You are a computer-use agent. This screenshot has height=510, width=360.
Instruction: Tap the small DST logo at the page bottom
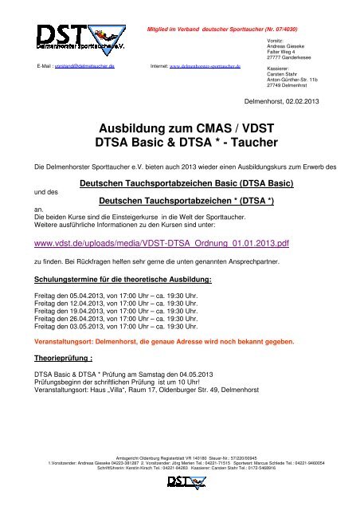tap(180, 483)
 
